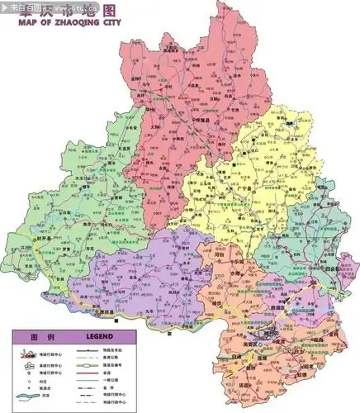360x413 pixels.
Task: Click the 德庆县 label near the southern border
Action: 107,313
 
